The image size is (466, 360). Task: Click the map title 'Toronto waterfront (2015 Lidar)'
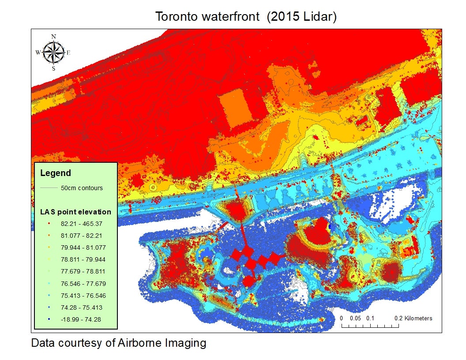(x=246, y=17)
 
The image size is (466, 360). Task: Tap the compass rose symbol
(x=53, y=52)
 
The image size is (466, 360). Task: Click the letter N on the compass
(x=54, y=37)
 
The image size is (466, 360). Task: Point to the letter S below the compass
(x=53, y=68)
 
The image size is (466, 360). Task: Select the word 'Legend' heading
(x=55, y=173)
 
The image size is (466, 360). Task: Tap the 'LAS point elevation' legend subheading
(x=75, y=212)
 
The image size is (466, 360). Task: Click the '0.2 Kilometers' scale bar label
(x=413, y=318)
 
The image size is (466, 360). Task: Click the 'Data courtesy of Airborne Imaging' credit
(x=118, y=343)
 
